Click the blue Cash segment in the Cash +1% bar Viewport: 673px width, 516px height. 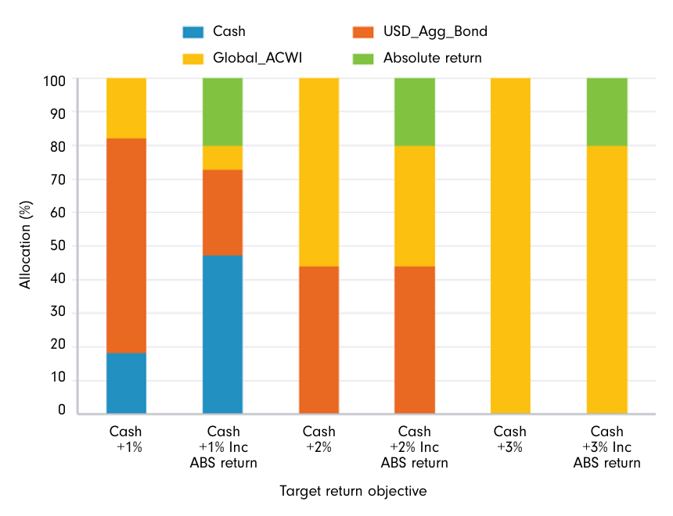(x=126, y=382)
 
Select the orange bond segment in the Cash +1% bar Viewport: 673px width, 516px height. (x=126, y=245)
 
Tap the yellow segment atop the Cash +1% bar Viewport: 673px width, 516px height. (x=126, y=108)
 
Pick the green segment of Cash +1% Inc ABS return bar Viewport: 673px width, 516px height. (x=222, y=112)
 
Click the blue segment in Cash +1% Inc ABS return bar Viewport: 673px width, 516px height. (x=222, y=334)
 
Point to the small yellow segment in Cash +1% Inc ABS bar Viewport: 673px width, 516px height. (x=222, y=157)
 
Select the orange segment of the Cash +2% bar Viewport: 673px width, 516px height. (x=319, y=339)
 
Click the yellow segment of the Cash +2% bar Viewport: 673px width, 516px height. (x=319, y=172)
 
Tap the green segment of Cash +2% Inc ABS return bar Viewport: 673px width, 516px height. (x=415, y=112)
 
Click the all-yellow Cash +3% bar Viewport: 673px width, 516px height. (x=510, y=245)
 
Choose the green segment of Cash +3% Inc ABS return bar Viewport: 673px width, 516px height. (x=606, y=112)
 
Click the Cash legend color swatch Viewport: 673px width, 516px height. (x=193, y=32)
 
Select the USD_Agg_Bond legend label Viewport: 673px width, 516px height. (x=435, y=32)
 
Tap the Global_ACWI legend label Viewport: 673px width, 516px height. (x=254, y=58)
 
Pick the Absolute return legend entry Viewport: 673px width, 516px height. (x=432, y=58)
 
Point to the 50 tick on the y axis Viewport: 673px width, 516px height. (x=61, y=245)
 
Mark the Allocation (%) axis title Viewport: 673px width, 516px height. (x=26, y=244)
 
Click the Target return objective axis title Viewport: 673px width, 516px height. (x=353, y=491)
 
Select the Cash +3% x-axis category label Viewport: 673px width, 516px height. (x=510, y=439)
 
